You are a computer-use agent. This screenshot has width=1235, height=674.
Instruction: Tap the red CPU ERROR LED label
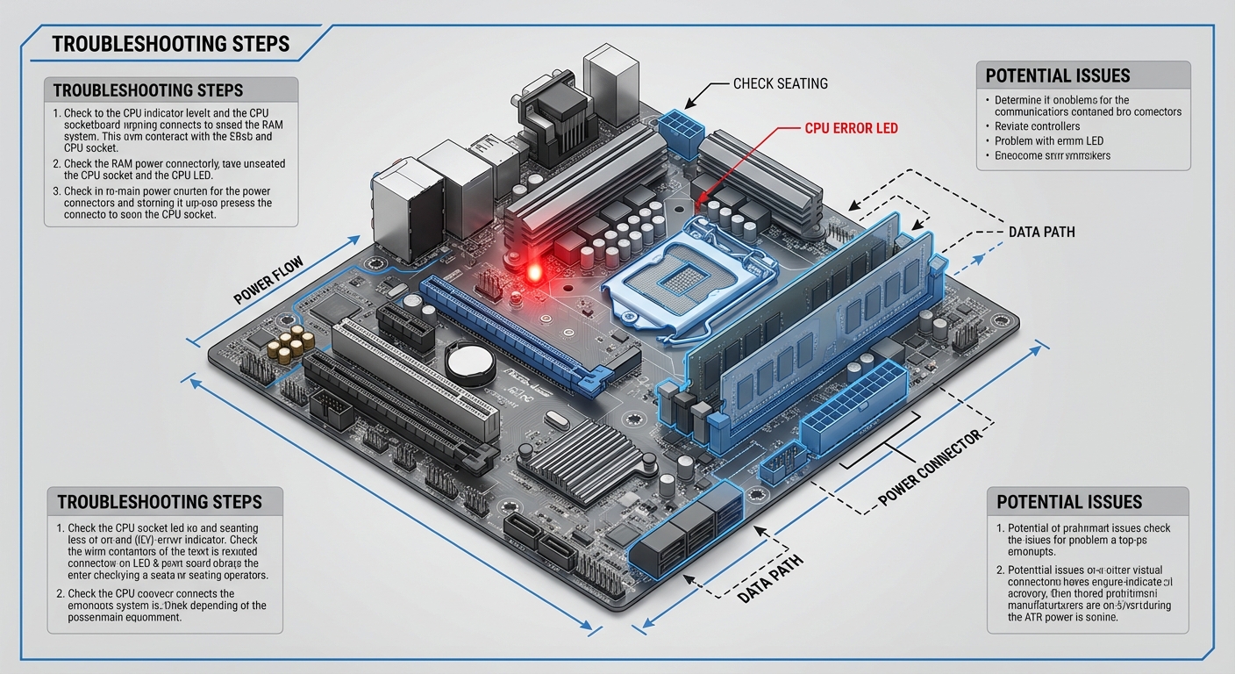[851, 128]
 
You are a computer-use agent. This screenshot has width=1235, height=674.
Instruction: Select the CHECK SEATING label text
[780, 84]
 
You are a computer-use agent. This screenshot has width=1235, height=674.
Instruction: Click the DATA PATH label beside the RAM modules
[1041, 233]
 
